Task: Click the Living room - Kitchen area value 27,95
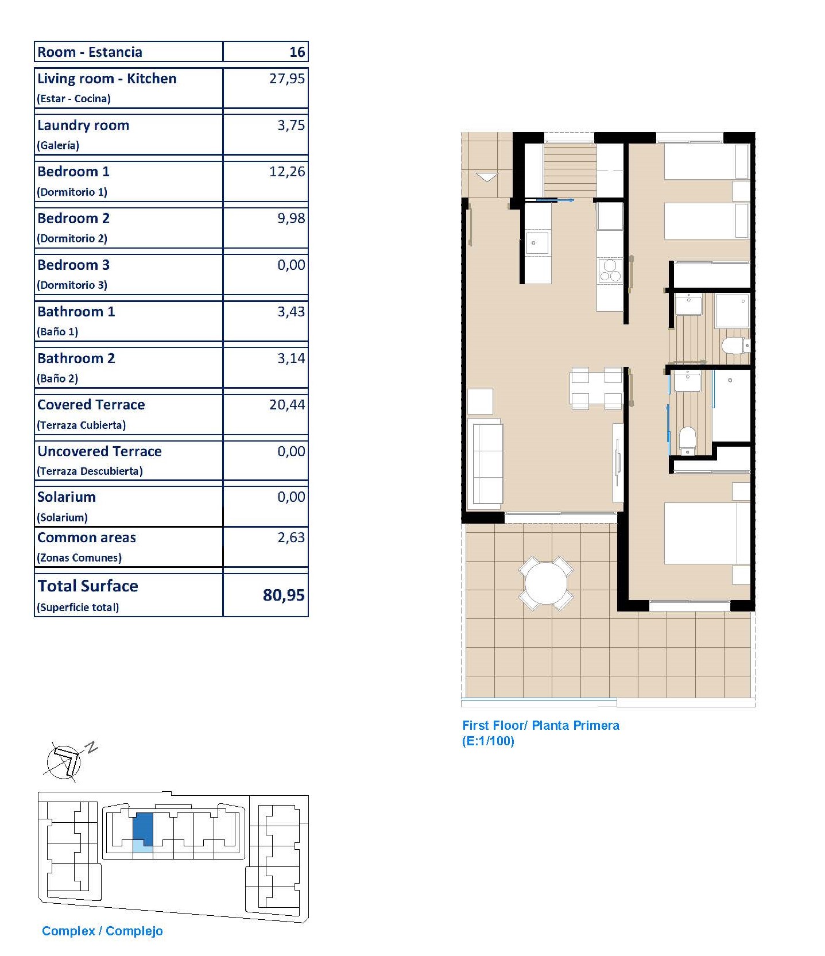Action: tap(287, 79)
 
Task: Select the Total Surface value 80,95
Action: tap(284, 595)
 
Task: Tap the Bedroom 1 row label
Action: tap(73, 172)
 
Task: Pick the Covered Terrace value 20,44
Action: tap(287, 405)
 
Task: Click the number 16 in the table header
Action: tap(297, 52)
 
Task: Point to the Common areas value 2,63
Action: tap(291, 537)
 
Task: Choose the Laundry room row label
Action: tap(83, 125)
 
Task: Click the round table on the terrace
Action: tap(546, 583)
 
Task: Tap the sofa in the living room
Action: tap(485, 465)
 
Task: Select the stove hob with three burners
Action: tap(610, 271)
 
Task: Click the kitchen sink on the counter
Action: tap(537, 243)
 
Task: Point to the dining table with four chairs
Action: tap(597, 389)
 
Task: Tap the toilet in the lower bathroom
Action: tap(687, 440)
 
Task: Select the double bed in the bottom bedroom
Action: tap(707, 533)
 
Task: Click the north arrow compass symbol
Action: tap(66, 761)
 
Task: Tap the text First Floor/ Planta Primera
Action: tap(541, 725)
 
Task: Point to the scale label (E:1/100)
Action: tap(488, 741)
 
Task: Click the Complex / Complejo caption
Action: tap(102, 931)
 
